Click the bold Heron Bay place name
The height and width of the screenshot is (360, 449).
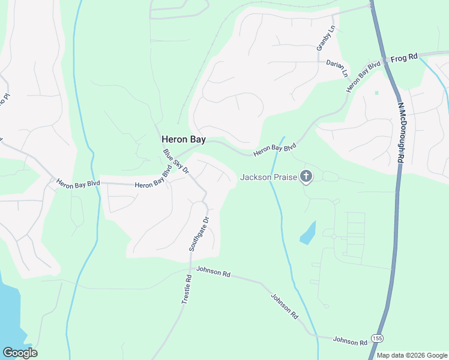pos(183,139)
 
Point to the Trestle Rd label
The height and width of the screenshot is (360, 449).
pos(187,289)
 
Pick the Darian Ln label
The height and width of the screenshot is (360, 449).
pos(337,68)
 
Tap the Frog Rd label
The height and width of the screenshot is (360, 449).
pos(403,58)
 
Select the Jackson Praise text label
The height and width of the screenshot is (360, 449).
pos(269,177)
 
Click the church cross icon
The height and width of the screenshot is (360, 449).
pos(306,176)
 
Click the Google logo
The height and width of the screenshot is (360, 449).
pos(20,353)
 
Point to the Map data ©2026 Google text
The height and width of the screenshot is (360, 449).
pos(412,355)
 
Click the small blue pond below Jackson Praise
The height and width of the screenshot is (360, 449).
pos(307,232)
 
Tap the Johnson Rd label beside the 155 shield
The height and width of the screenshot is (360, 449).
pos(350,341)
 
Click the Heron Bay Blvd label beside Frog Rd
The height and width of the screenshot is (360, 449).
pos(364,76)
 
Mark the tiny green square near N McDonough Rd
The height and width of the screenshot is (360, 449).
pos(377,92)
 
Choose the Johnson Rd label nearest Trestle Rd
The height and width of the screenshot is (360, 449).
pos(214,274)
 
